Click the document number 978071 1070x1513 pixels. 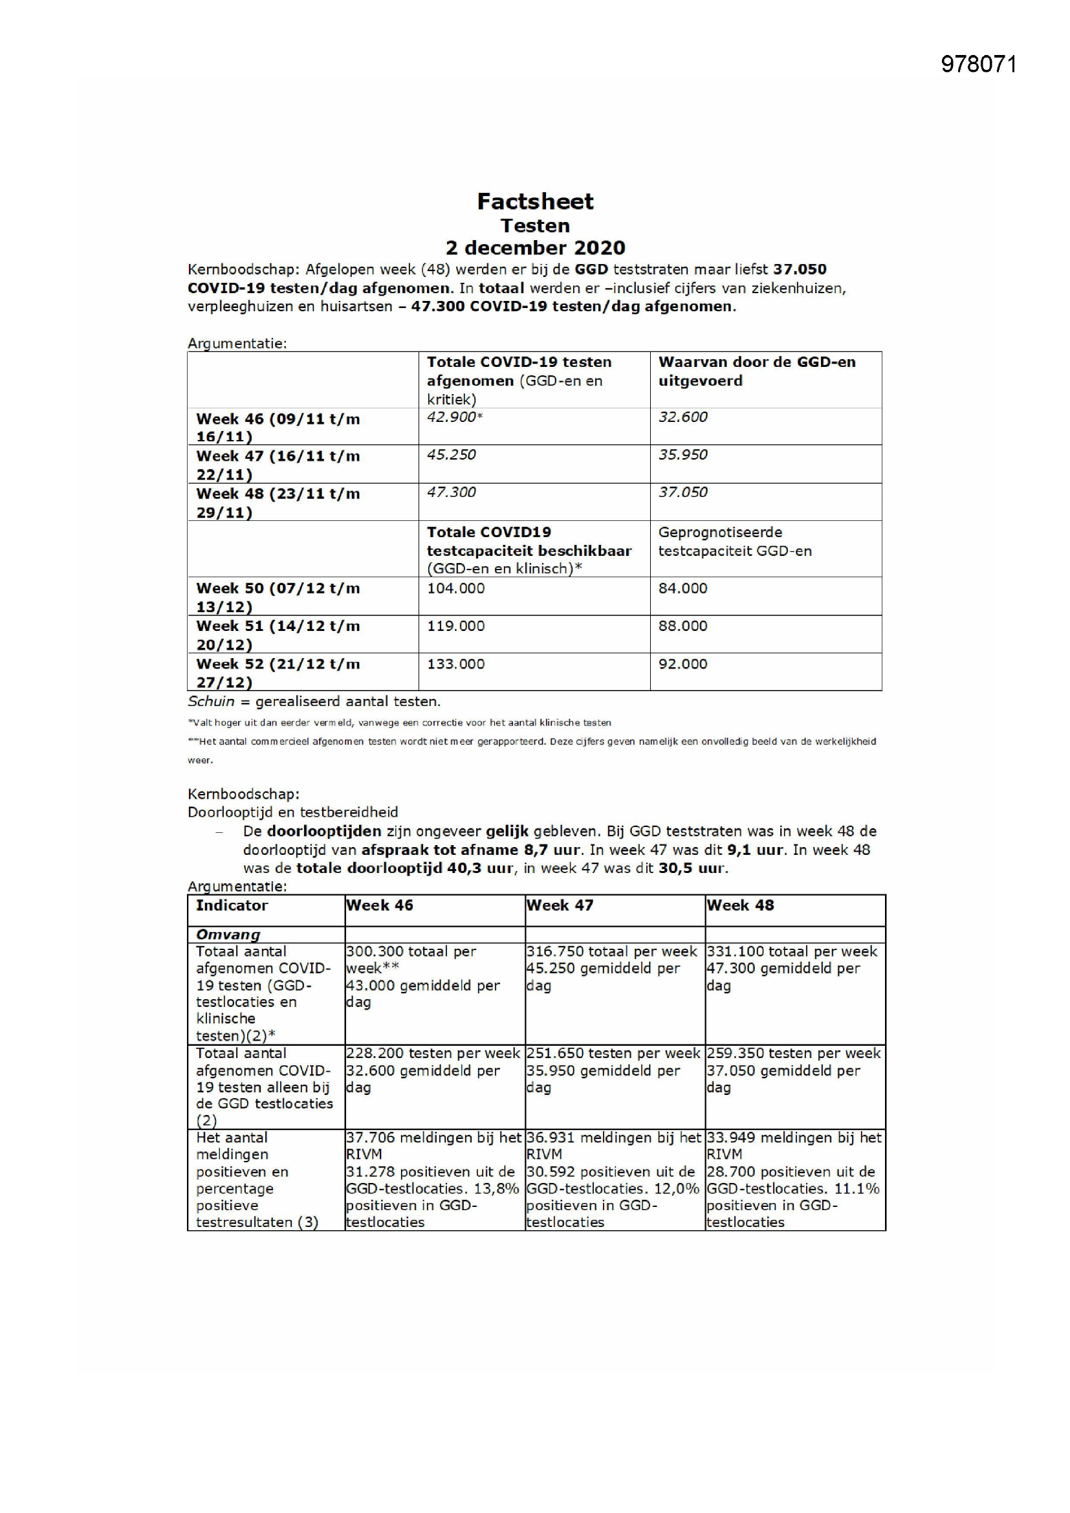tap(978, 64)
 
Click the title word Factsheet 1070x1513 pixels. tap(535, 201)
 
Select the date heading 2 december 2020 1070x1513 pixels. tap(535, 248)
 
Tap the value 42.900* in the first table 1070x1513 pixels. tap(455, 417)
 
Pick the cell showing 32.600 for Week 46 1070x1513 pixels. tap(682, 417)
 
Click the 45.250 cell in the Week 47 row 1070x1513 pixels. tap(452, 455)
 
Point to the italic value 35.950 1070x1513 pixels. tap(682, 455)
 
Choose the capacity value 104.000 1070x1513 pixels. tap(455, 588)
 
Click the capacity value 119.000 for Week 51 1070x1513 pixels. tap(455, 626)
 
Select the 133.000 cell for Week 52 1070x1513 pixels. tap(455, 663)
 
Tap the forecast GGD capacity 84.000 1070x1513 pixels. tap(682, 588)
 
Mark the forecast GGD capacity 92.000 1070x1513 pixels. tap(682, 663)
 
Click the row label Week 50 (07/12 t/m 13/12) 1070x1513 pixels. tap(278, 597)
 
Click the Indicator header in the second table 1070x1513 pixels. tap(232, 905)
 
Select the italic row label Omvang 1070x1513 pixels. tap(228, 934)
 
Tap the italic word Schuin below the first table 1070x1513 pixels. tap(210, 701)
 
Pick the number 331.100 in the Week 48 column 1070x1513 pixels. tap(730, 951)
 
